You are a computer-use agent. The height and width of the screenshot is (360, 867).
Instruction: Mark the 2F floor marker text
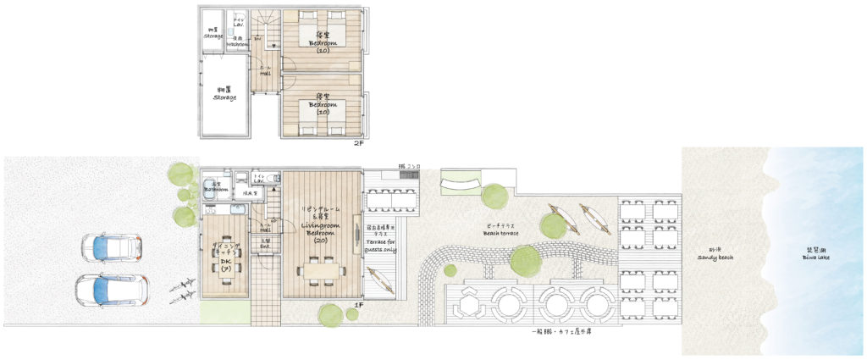(x=359, y=144)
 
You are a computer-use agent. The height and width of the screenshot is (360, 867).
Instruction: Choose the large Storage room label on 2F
(x=224, y=94)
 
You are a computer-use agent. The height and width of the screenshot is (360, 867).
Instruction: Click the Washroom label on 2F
(x=236, y=42)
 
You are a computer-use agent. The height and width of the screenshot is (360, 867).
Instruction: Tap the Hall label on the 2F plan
(x=265, y=71)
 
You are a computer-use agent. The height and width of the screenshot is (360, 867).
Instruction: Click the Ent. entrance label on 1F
(x=265, y=244)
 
